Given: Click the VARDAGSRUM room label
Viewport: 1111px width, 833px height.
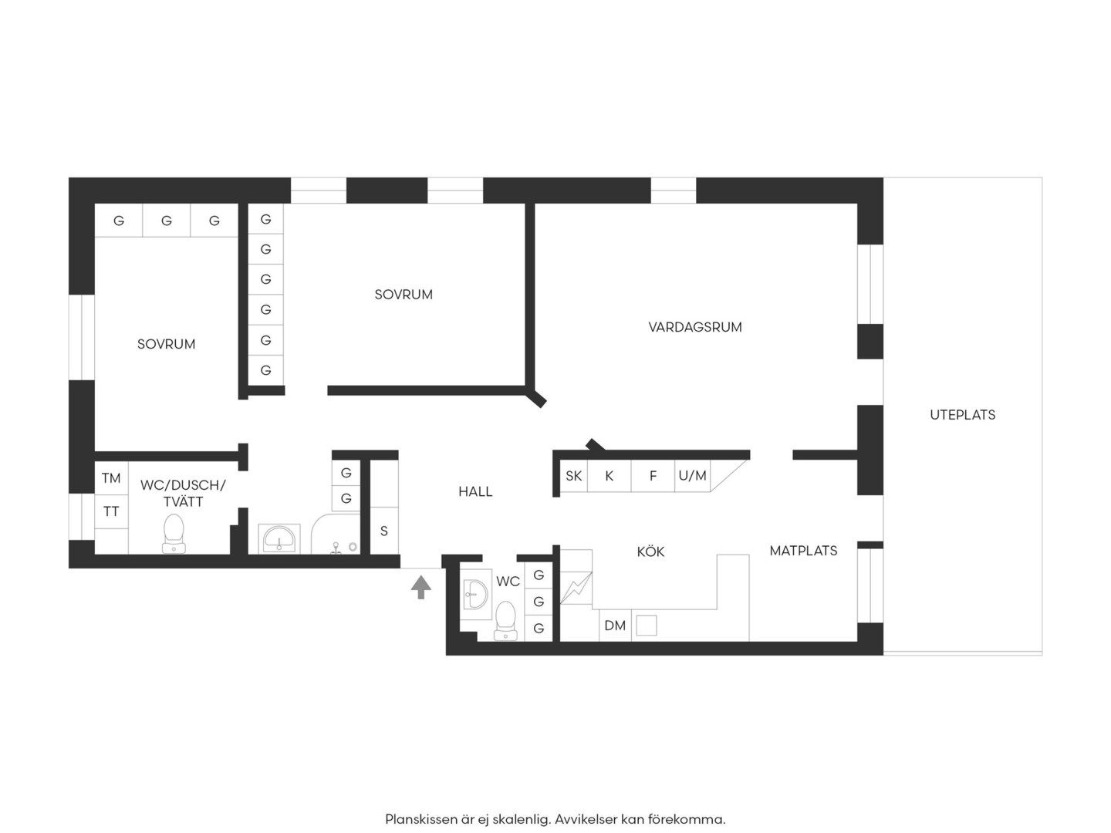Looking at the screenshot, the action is [x=695, y=327].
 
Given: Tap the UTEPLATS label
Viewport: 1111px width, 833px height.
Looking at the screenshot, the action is [x=962, y=415].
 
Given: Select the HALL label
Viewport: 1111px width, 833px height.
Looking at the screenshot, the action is [x=475, y=491].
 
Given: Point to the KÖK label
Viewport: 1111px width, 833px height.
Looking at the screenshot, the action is [x=650, y=551].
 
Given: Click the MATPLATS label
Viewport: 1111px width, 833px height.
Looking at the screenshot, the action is [x=803, y=551].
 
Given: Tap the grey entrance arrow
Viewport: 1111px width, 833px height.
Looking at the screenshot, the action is [x=420, y=587].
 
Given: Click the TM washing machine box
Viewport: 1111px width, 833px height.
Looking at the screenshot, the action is [x=111, y=478].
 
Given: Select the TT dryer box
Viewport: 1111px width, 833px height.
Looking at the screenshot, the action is [x=111, y=512].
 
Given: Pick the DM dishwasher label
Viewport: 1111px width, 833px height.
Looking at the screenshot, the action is [x=615, y=626].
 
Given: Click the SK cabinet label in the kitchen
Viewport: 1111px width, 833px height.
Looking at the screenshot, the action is [x=573, y=476].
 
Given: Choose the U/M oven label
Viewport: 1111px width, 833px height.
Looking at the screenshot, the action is [x=692, y=475].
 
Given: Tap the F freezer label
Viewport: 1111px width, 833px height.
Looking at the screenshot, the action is [x=653, y=476].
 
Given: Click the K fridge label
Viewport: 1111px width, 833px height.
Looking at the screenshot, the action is [x=610, y=476].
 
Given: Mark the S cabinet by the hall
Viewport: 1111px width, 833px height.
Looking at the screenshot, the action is [x=384, y=531].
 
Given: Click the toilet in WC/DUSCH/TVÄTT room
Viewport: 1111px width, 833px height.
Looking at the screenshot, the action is [x=174, y=534].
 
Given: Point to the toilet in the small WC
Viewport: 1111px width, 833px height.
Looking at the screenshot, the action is [x=505, y=621].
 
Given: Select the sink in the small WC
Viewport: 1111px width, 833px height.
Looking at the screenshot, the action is [x=475, y=594].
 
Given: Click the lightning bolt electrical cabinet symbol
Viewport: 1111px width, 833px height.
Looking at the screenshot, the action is [x=576, y=588].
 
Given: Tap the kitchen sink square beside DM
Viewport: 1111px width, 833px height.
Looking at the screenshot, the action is [x=647, y=626].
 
